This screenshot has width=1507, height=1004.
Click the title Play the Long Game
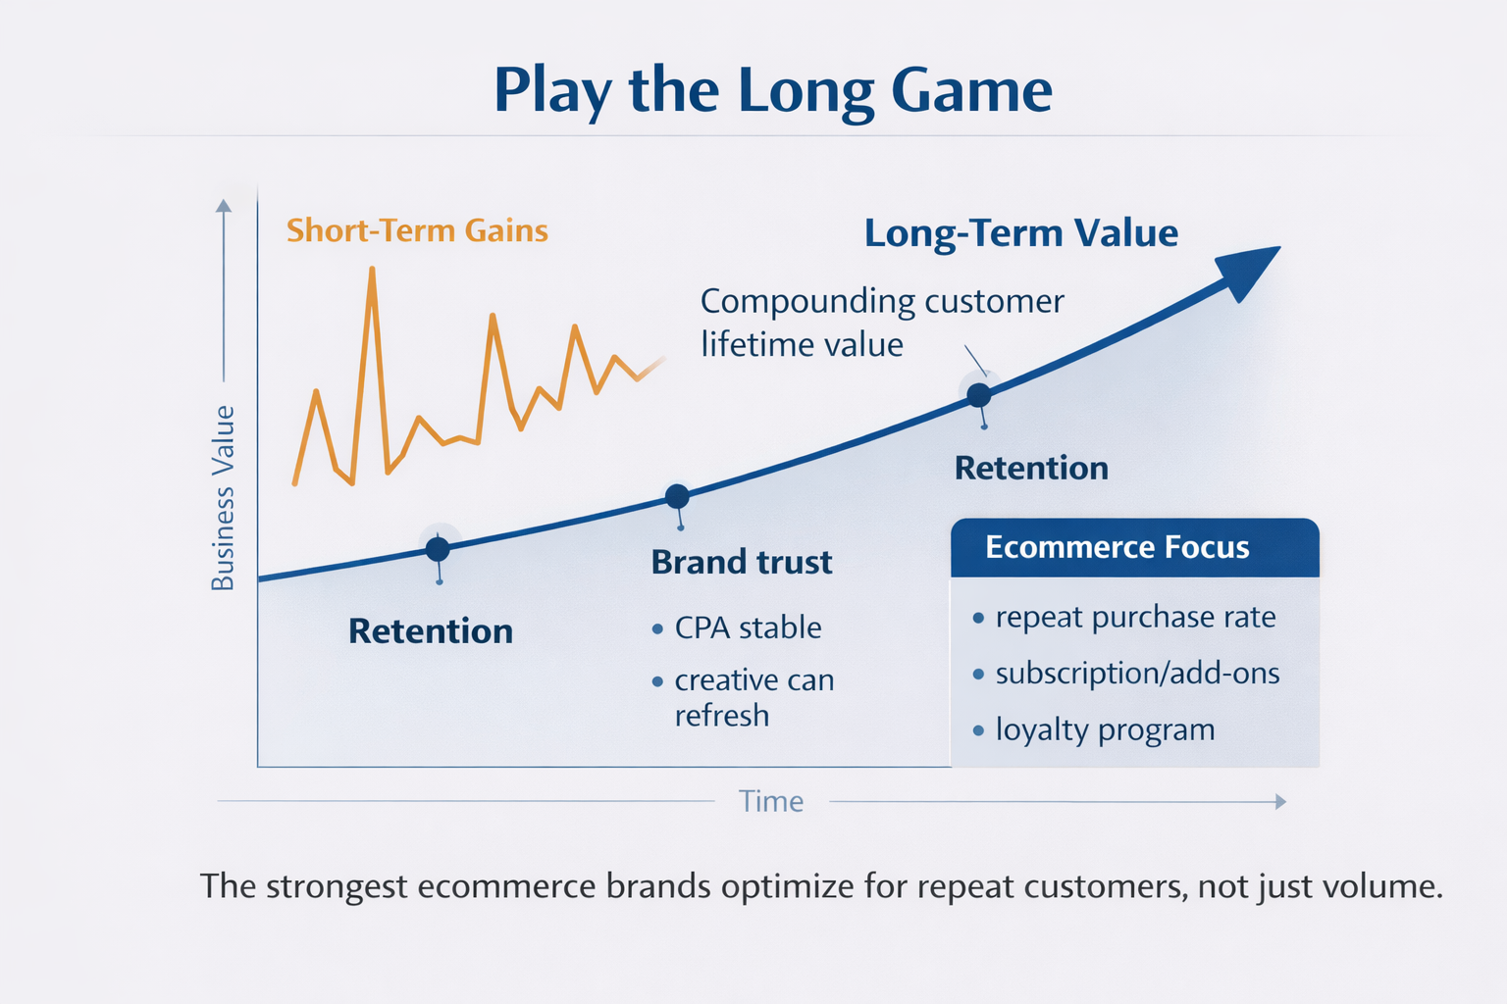pos(772,90)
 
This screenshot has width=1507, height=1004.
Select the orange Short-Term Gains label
pos(417,230)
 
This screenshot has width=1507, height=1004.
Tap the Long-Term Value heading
pos(1020,233)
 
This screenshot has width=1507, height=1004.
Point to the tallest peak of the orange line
pos(372,269)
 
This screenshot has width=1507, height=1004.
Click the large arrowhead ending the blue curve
pos(1247,272)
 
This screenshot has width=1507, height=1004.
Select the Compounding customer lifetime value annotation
pos(881,323)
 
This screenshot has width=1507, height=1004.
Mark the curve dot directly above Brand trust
pos(677,496)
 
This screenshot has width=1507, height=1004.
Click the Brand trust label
pos(742,562)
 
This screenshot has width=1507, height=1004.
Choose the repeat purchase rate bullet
pos(1134,617)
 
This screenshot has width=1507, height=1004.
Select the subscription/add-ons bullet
pos(1136,674)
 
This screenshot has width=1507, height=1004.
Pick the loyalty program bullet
pos(1104,729)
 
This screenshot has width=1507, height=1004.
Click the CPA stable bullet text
pos(748,627)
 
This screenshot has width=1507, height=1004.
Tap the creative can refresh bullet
pos(753,697)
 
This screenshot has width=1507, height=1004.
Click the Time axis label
pos(771,801)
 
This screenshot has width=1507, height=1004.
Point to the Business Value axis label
pos(224,497)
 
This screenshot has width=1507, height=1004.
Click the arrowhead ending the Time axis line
pos(1279,802)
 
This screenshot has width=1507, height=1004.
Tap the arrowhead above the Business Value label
pos(224,206)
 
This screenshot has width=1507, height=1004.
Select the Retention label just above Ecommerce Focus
pos(1031,468)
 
